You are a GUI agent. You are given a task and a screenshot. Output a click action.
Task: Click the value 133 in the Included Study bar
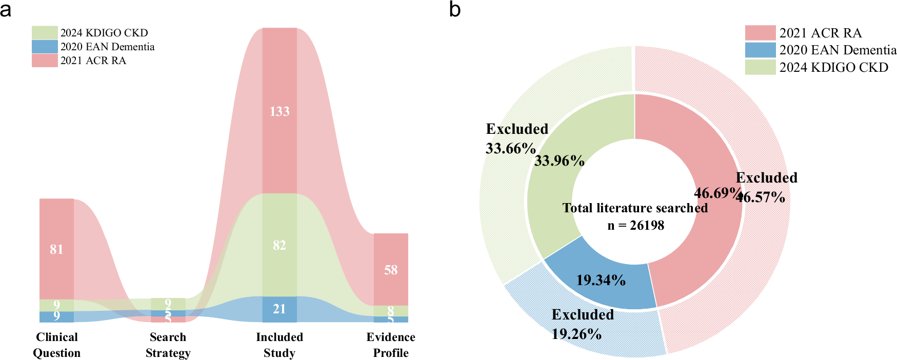[280, 111]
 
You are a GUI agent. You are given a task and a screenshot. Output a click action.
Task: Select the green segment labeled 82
[280, 245]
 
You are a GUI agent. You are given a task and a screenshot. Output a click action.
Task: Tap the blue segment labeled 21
[280, 309]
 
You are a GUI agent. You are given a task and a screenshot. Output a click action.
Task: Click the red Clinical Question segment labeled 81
[56, 249]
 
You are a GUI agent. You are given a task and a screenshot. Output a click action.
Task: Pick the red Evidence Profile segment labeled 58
[391, 270]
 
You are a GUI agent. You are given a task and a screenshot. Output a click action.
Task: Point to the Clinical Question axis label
[57, 345]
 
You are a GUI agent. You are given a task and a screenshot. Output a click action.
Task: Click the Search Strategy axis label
[168, 345]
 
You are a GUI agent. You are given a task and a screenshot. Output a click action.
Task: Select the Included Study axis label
[280, 345]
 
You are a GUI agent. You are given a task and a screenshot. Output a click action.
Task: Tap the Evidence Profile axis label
[391, 345]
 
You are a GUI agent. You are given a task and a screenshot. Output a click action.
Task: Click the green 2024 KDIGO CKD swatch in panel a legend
[45, 33]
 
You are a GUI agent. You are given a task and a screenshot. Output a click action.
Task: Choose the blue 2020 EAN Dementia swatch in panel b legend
[760, 50]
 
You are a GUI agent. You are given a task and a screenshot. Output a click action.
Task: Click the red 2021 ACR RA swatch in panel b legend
[760, 33]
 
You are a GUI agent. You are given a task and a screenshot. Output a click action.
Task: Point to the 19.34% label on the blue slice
[601, 280]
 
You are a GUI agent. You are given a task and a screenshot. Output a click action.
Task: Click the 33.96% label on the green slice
[560, 161]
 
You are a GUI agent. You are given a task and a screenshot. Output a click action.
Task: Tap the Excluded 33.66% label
[516, 138]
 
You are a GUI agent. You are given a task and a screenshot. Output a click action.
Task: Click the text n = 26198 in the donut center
[636, 225]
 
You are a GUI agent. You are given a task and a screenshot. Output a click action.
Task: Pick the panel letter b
[454, 9]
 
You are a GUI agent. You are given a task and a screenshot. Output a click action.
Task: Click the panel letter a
[6, 9]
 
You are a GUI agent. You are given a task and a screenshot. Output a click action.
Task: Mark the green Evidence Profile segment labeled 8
[391, 311]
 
